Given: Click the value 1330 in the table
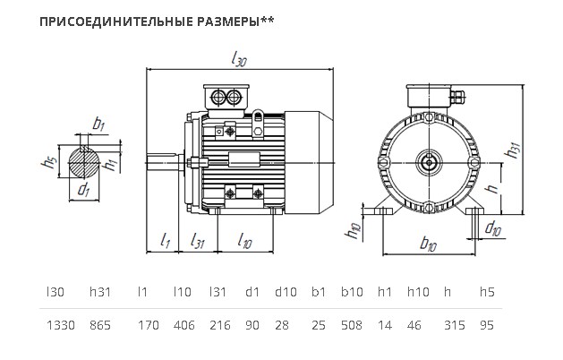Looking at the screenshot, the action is click(61, 325).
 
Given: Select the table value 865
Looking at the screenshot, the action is click(100, 325).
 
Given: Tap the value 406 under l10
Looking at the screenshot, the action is click(183, 325).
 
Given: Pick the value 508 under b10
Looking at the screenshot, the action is click(352, 325).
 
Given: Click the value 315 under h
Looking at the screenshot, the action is click(454, 325).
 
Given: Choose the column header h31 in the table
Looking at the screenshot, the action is click(100, 292).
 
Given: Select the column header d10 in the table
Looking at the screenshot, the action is click(286, 292).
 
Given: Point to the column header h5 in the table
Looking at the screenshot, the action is click(487, 292).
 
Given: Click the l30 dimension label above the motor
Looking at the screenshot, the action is click(239, 58).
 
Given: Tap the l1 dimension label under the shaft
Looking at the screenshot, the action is click(165, 240).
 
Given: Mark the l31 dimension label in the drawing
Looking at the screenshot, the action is click(197, 240).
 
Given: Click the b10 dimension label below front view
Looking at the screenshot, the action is click(428, 244).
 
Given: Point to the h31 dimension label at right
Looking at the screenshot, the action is click(513, 150).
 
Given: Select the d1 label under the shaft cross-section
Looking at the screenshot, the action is click(83, 189).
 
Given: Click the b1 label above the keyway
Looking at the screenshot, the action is click(98, 124).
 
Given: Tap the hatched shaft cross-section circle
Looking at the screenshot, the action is click(84, 162).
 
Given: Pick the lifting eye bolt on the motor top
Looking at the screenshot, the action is click(258, 122).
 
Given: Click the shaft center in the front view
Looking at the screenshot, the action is click(429, 163).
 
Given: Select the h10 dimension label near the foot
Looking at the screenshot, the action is click(353, 230).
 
